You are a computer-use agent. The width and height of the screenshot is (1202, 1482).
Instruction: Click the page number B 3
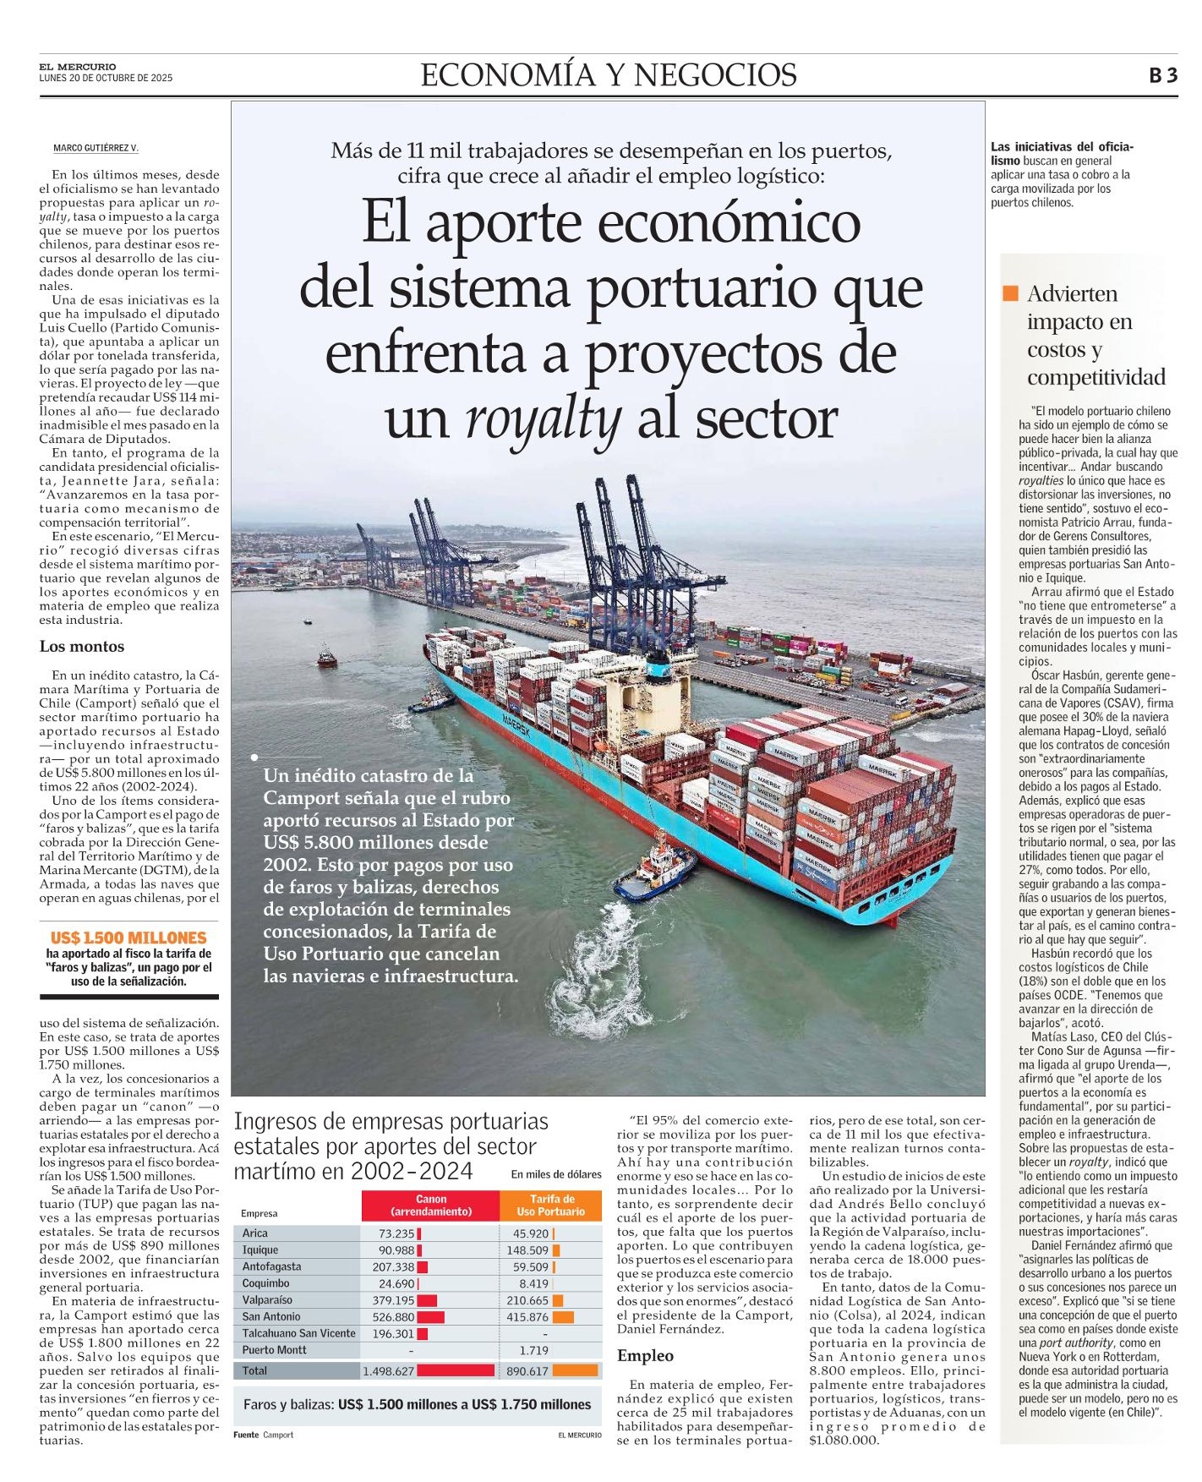coord(1162,75)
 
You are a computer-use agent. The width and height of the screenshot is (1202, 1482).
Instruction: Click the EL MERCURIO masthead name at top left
coord(78,67)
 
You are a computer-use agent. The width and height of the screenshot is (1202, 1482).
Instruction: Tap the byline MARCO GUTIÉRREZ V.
coord(96,148)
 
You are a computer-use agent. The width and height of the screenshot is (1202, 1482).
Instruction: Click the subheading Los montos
coord(82,647)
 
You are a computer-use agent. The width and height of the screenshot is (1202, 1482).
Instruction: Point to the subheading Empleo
coord(645,1356)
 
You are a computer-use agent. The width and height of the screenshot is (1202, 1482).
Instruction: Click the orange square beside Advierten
coord(1010,293)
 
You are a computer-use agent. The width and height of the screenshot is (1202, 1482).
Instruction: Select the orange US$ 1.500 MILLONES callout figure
coord(128,938)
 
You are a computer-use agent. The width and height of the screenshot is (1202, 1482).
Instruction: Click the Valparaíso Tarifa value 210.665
coord(527,1300)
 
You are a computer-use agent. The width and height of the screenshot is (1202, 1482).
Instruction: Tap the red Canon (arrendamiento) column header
coord(431,1206)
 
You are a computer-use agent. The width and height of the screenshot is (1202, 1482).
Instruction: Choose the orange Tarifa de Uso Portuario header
coord(551,1206)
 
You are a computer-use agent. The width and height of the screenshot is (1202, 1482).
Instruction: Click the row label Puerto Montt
coord(275,1350)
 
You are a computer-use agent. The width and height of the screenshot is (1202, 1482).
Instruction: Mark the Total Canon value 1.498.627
coord(388,1371)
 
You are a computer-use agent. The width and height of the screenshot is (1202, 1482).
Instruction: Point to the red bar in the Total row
coord(456,1371)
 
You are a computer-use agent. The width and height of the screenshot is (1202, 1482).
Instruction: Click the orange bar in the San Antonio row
coord(563,1316)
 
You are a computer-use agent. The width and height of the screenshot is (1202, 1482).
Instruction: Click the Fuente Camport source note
coord(264,1435)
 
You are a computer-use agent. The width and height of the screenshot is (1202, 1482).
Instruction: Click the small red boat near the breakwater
coord(326,657)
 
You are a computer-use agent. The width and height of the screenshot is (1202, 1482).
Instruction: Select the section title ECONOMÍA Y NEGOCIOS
coord(609,75)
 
